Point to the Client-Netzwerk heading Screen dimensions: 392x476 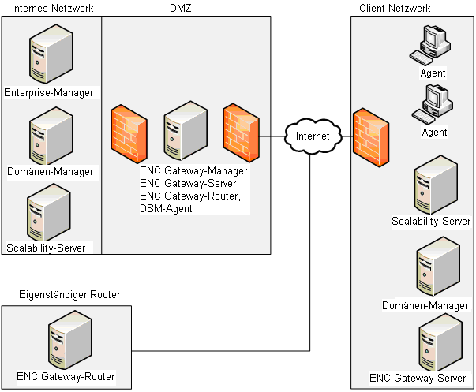(x=392, y=8)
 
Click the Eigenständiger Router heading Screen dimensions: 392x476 (x=69, y=294)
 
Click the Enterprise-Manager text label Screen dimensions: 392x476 (x=49, y=92)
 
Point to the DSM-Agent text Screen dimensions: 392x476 (x=167, y=208)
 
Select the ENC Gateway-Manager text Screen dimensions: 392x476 (x=195, y=170)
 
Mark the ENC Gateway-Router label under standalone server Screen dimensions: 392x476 (x=66, y=377)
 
